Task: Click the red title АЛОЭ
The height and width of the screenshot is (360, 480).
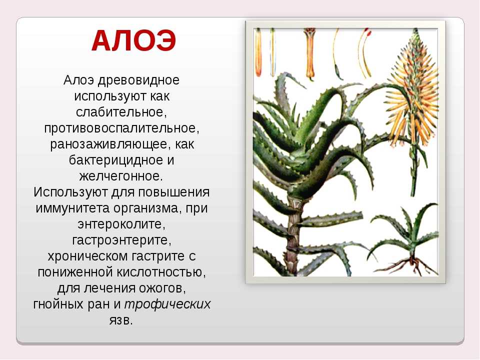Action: coord(134,41)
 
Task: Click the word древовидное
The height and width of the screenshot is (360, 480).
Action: coord(138,80)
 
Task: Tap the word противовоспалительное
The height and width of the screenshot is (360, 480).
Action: coord(121,128)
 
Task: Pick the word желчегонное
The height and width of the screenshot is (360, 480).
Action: coord(121,176)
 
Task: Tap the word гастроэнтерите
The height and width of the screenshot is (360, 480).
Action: coord(122,240)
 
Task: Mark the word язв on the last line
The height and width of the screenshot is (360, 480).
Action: coord(121,320)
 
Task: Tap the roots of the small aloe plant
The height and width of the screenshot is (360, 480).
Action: coord(408,265)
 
